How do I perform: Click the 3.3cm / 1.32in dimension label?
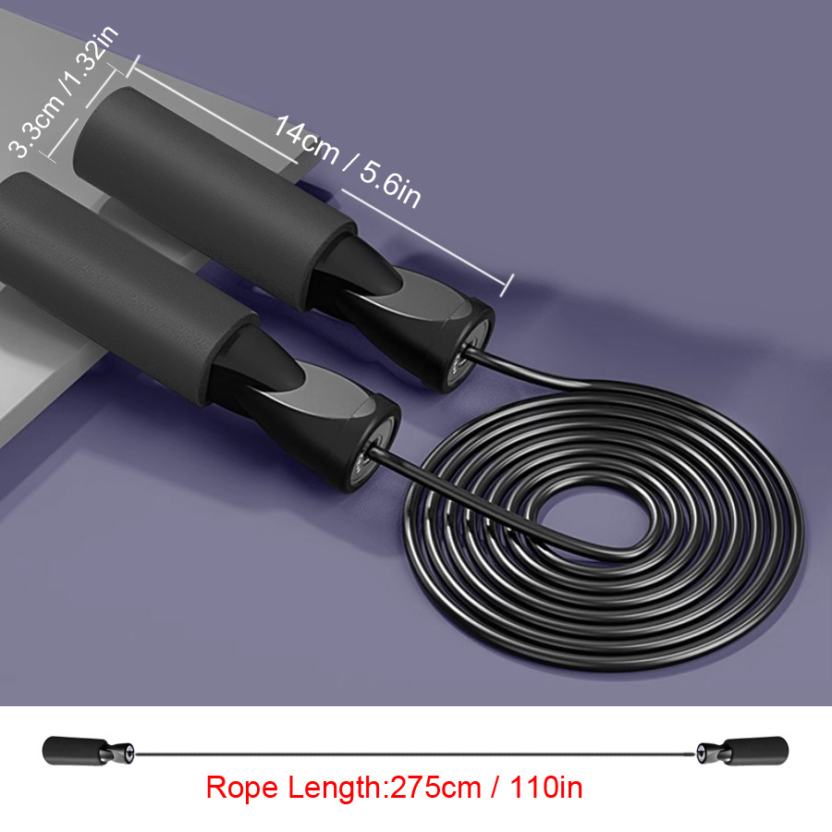pyautogui.click(x=64, y=92)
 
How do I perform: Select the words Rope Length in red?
pyautogui.click(x=293, y=787)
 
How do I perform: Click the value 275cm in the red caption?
pyautogui.click(x=436, y=787)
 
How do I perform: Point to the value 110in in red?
pyautogui.click(x=546, y=787)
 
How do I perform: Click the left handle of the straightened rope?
pyautogui.click(x=88, y=751)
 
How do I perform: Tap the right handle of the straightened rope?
pyautogui.click(x=742, y=751)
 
